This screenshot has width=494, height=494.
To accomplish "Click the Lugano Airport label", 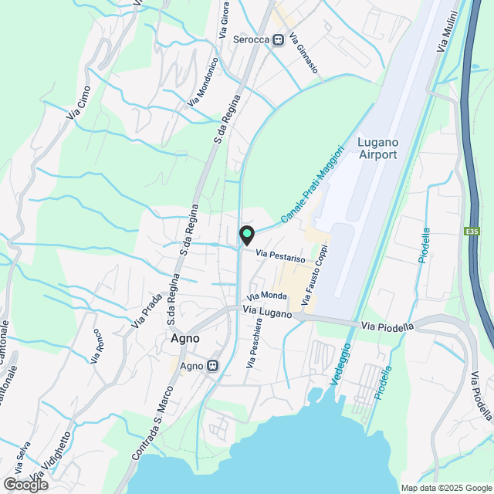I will [377, 148].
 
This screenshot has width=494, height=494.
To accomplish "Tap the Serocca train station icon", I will [279, 39].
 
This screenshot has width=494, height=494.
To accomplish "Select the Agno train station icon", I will [212, 366].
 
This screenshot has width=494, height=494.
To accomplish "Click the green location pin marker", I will [245, 234].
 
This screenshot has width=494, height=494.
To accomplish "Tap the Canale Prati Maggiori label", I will [311, 184].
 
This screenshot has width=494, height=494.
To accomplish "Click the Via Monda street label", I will [267, 296].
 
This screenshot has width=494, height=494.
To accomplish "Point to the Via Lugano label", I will [267, 311].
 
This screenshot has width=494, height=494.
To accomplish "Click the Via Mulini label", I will [448, 32].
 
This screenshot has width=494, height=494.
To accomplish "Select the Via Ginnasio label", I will [303, 53].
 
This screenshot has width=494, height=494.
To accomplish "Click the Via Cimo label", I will [79, 107].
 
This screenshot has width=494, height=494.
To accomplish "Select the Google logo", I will [25, 485].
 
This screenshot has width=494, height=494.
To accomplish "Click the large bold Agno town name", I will [184, 339].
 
